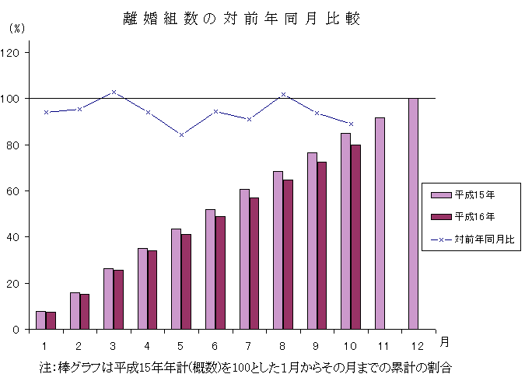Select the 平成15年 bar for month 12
click(x=413, y=214)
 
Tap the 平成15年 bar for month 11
click(x=380, y=223)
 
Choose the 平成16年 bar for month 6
click(x=220, y=273)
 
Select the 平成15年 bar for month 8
click(x=278, y=250)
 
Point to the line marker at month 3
click(x=114, y=92)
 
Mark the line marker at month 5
click(x=181, y=135)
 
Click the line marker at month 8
click(x=283, y=94)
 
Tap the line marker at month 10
click(x=351, y=124)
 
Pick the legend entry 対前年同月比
click(x=474, y=239)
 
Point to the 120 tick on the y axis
click(x=14, y=53)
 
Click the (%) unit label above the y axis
click(x=17, y=28)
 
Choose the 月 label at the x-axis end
click(x=443, y=341)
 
